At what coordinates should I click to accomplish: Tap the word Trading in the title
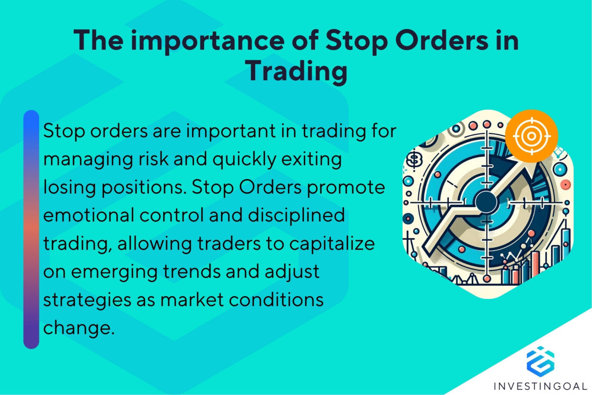296,71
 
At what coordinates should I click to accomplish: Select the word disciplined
296,215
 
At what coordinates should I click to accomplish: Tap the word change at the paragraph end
78,327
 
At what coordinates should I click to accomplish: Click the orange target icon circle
531,136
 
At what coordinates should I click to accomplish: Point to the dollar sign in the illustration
414,159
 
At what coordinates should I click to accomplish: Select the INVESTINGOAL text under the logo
540,386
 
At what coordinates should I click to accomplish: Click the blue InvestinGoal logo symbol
540,361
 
